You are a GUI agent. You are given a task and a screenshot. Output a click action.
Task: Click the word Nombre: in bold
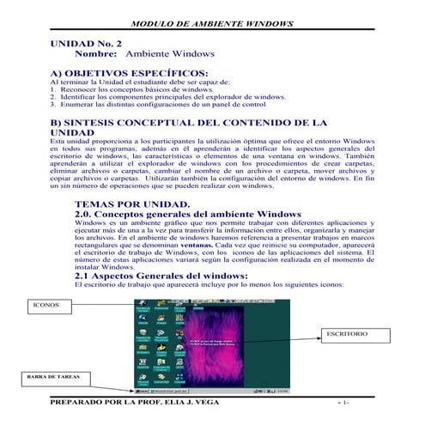click(x=97, y=53)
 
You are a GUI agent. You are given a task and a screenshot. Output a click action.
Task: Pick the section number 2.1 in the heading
click(x=87, y=275)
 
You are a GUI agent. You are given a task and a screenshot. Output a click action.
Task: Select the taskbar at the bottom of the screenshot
click(x=211, y=388)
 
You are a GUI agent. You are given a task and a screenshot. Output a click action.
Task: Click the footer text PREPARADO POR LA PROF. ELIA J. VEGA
click(x=135, y=403)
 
